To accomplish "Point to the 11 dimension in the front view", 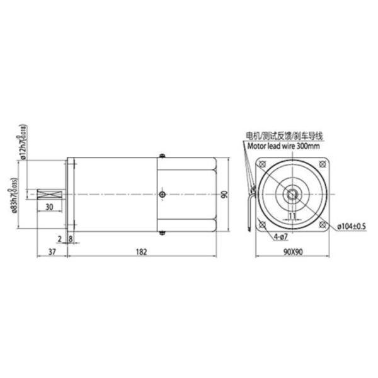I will point(292,215).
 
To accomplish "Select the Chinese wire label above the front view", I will point(284,135).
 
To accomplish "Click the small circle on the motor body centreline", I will point(163,195).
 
